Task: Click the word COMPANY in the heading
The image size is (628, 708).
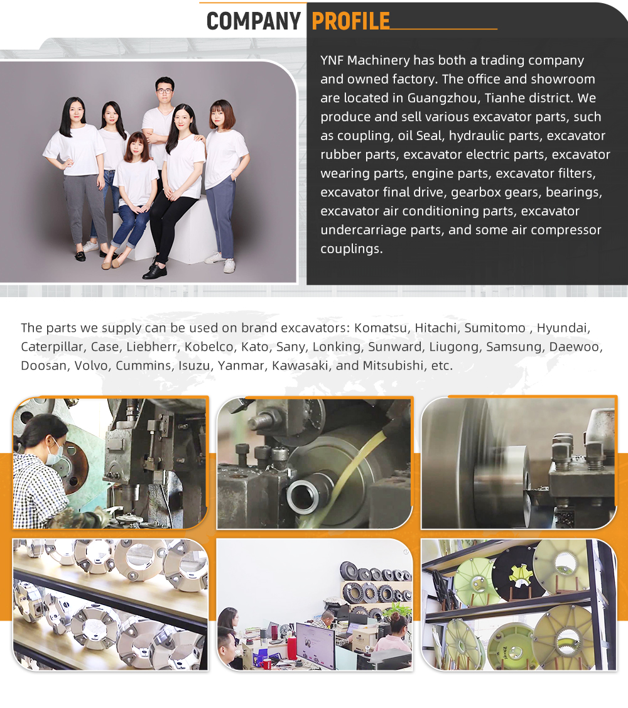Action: click(x=253, y=21)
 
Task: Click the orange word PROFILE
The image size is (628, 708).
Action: click(x=351, y=21)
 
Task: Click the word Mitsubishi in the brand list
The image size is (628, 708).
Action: click(x=392, y=365)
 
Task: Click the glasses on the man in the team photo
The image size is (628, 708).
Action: click(x=165, y=91)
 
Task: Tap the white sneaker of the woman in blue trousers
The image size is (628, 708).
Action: click(x=229, y=266)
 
